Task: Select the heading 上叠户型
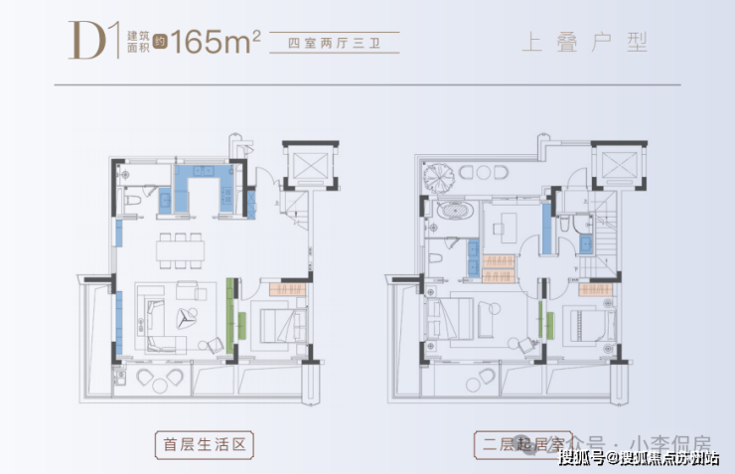tap(583, 42)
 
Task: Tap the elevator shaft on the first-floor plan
tap(305, 162)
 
